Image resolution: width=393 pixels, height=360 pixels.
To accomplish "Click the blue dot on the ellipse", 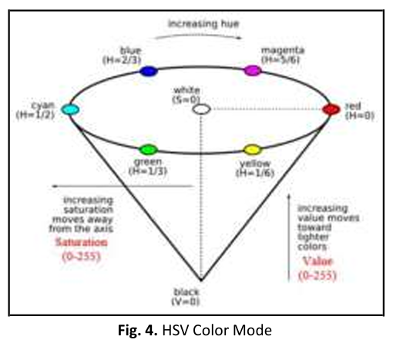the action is [149, 71].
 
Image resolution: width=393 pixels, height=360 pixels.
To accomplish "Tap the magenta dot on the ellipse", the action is [253, 70].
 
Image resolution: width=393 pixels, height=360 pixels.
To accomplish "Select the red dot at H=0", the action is [331, 109].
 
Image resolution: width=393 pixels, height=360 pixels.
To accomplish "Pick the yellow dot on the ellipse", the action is [253, 150].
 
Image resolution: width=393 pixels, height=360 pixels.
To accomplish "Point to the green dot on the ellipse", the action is [148, 150].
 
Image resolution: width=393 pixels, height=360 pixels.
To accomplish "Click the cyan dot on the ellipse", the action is [70, 109].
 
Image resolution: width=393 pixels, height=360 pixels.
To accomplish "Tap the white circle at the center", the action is [201, 109].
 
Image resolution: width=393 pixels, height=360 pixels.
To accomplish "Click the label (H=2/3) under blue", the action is [122, 61].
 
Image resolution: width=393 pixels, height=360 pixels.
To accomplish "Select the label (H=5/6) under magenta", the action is [280, 59].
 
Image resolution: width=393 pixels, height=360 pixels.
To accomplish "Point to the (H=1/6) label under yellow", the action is [255, 173].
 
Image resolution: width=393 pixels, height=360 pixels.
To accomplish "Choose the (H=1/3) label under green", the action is [148, 171].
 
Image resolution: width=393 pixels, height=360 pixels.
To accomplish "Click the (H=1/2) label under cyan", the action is [35, 115].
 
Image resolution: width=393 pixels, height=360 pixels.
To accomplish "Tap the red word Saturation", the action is [82, 242].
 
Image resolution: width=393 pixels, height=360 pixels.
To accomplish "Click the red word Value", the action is [317, 261].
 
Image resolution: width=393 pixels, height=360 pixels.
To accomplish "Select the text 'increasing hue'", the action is [203, 24].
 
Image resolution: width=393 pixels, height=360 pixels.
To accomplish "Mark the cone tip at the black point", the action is [201, 281].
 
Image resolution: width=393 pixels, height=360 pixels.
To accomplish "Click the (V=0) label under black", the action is [186, 301].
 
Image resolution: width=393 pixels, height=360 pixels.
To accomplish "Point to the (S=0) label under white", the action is [186, 99].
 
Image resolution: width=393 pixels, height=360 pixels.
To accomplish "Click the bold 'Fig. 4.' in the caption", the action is [138, 330].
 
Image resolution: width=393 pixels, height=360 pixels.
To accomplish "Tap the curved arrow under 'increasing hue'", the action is [198, 35].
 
